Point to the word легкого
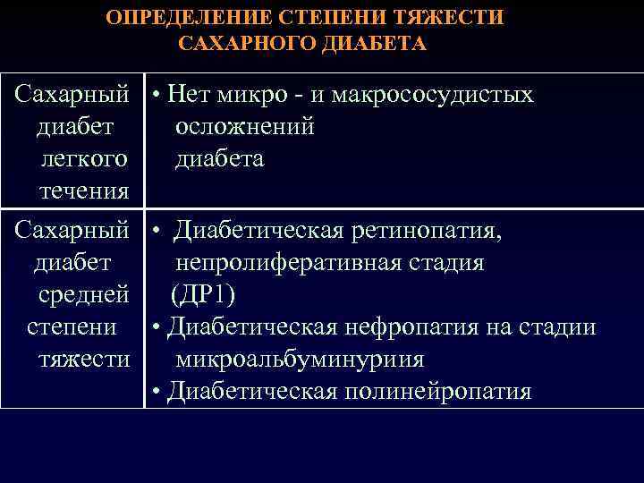(83, 159)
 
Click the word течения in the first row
(84, 191)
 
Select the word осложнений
(244, 127)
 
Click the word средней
(84, 295)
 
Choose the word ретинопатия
(425, 232)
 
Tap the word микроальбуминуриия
(300, 360)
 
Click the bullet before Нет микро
(156, 96)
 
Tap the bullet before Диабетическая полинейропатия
(156, 393)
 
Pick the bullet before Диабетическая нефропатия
(156, 328)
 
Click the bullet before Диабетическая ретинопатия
(156, 233)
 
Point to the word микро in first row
(245, 95)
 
